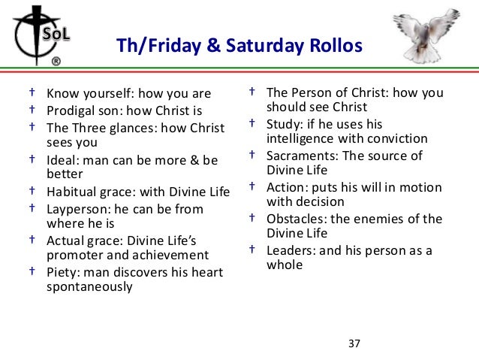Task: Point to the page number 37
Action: click(354, 344)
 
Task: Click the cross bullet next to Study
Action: click(252, 123)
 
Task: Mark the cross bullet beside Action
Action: click(252, 186)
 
